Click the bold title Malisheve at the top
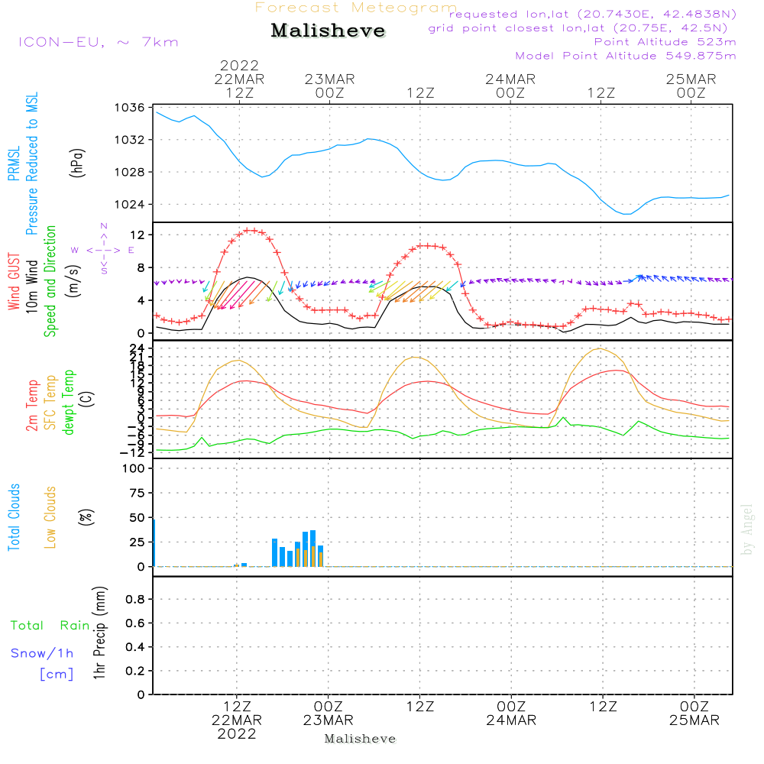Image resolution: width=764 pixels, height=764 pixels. pyautogui.click(x=328, y=31)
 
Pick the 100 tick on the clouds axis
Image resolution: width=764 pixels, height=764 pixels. pyautogui.click(x=134, y=468)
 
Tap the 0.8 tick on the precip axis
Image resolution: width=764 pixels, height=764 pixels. pyautogui.click(x=135, y=599)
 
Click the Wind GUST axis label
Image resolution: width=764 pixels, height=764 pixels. pyautogui.click(x=15, y=283)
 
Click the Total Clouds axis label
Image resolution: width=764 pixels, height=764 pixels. pyautogui.click(x=15, y=517)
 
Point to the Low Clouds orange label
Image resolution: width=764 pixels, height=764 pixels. pyautogui.click(x=50, y=517)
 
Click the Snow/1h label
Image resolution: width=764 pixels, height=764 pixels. pyautogui.click(x=42, y=653)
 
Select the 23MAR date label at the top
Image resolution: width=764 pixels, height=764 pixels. pyautogui.click(x=329, y=79)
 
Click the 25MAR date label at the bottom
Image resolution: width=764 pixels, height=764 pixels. pyautogui.click(x=693, y=720)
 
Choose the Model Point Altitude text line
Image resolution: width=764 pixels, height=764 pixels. pyautogui.click(x=625, y=56)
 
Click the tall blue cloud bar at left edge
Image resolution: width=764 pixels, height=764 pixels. pyautogui.click(x=154, y=542)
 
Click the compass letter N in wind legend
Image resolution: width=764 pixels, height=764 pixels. pyautogui.click(x=103, y=226)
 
